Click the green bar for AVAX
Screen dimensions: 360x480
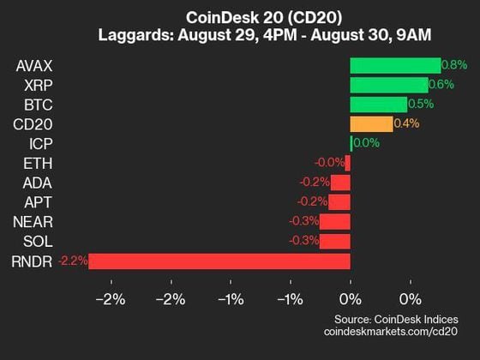point(395,65)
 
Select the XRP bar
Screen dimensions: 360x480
point(389,85)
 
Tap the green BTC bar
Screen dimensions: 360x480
point(378,105)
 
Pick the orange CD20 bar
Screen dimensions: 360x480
point(371,124)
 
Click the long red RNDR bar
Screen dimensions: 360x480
point(219,261)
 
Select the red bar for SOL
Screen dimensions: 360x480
point(335,242)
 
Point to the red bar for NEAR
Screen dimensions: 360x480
point(335,222)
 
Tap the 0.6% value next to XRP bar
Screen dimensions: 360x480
point(441,85)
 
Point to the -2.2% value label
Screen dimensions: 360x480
point(72,261)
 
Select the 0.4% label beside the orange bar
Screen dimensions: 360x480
point(407,124)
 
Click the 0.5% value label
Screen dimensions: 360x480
point(421,105)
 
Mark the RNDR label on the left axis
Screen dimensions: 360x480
point(33,261)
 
